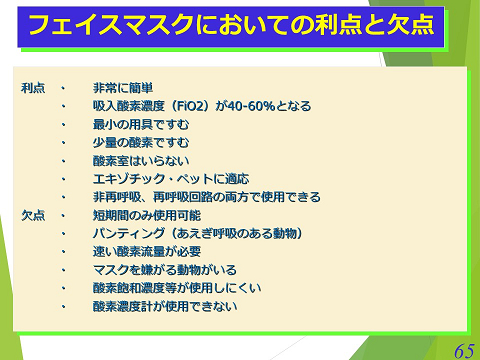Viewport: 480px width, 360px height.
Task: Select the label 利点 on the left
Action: [x=33, y=88]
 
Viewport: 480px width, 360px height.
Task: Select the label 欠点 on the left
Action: [x=33, y=215]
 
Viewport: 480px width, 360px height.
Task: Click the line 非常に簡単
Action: [x=123, y=88]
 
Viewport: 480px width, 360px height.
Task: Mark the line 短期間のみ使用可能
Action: [x=147, y=215]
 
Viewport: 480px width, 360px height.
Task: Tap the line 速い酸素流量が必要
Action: [x=147, y=251]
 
